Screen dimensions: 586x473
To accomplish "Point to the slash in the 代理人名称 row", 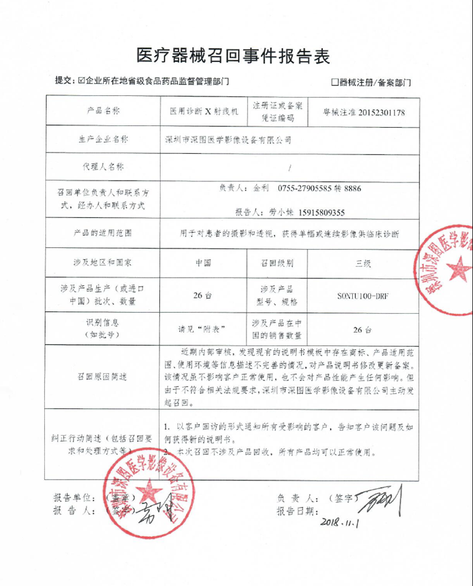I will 290,168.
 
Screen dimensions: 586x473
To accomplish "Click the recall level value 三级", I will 363,263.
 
